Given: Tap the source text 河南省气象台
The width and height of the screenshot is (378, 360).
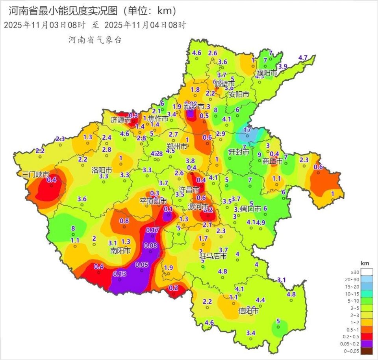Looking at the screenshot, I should coord(95,40).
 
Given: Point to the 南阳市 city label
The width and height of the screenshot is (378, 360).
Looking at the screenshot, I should coord(120,250).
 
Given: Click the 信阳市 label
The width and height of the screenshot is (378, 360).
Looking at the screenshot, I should coord(248,311).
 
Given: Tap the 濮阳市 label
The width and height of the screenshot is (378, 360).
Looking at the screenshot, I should coord(267,73).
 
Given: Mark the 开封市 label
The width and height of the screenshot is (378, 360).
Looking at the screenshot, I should coord(239,152).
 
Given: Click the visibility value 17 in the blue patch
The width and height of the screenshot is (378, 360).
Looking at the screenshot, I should coord(248,130).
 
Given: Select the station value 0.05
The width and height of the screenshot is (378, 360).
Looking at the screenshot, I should coord(142,264).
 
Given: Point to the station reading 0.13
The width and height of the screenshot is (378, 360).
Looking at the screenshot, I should coord(120,273).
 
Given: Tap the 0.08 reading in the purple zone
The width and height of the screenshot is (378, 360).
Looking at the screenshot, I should coord(151,246).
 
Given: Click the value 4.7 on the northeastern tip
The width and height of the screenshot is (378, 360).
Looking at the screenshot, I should coord(303,57).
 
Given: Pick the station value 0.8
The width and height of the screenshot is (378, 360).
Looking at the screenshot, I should coord(124,221).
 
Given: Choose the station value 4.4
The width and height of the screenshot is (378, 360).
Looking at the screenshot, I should coord(260,300).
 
